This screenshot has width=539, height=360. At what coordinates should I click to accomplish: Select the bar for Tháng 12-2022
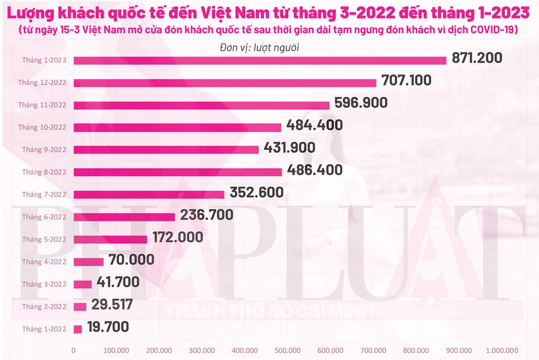[225, 82]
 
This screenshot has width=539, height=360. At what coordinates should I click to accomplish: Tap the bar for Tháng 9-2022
[166, 149]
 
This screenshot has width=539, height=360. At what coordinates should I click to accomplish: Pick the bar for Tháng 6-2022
[124, 217]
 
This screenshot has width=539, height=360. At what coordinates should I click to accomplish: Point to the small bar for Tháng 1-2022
[78, 328]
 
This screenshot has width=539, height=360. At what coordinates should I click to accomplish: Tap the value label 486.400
[314, 170]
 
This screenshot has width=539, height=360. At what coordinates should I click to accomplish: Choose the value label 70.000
[132, 260]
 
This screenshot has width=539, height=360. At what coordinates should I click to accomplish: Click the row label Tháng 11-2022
[42, 105]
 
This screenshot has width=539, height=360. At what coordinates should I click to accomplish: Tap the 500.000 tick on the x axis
[288, 350]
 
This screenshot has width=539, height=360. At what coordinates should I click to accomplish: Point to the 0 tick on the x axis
[73, 350]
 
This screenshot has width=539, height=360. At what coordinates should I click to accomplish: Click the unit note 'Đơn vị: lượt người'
[260, 47]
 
